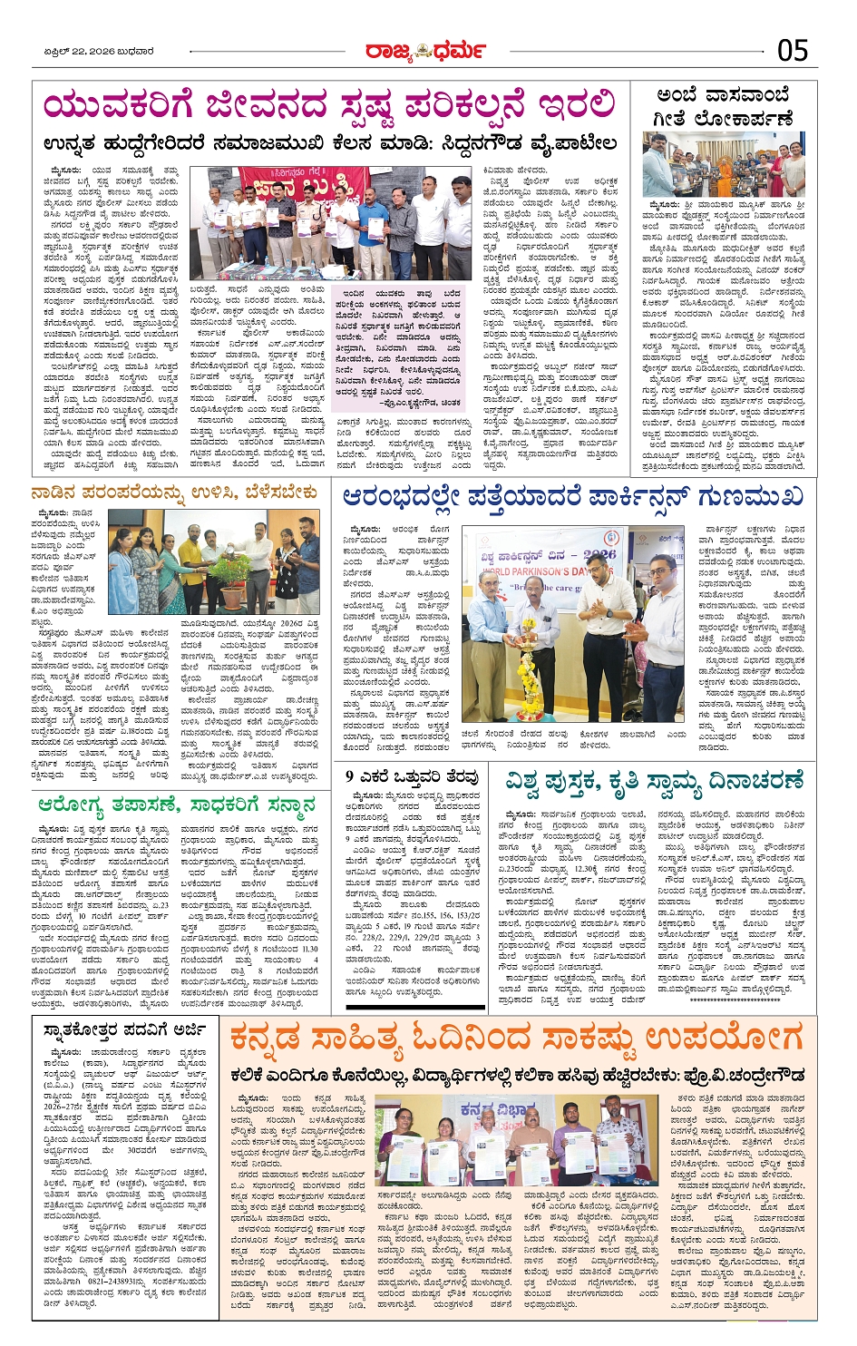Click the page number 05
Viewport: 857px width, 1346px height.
coord(793,51)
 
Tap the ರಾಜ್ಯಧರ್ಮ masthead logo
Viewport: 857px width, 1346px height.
coord(425,52)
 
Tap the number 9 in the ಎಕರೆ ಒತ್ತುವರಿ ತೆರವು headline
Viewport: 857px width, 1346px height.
coord(350,776)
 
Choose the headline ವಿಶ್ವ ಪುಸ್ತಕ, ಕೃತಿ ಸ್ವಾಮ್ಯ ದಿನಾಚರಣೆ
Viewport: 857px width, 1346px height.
coord(654,781)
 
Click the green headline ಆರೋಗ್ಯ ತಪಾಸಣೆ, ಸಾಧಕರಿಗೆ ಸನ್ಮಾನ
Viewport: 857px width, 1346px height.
coord(176,805)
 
